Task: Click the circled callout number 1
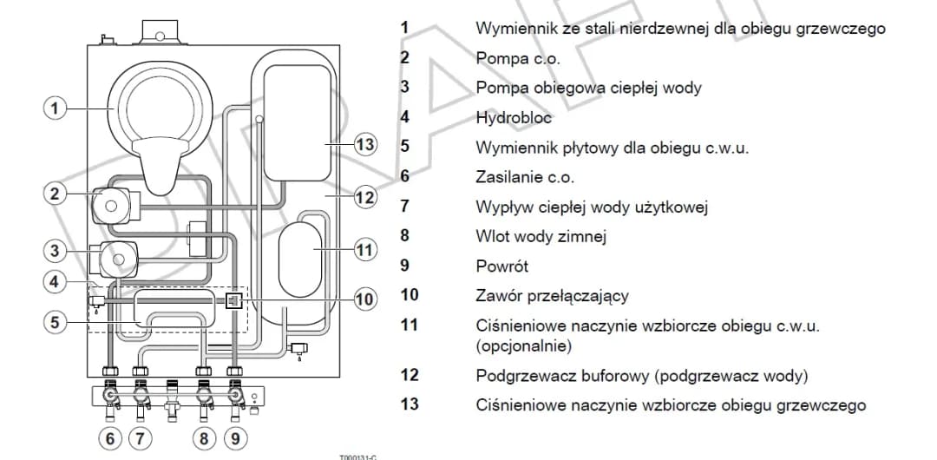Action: (x=55, y=108)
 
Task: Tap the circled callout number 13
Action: (x=365, y=144)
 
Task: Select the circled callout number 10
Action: (x=365, y=299)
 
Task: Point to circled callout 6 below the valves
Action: (x=109, y=438)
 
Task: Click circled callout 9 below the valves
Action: (x=234, y=438)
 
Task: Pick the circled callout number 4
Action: (x=55, y=281)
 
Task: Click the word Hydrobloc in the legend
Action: (x=513, y=117)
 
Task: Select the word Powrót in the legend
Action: (x=501, y=266)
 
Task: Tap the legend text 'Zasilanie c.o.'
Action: (x=524, y=177)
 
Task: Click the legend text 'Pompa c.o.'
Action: (x=518, y=58)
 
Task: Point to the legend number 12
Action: (x=409, y=375)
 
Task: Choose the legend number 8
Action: (x=404, y=235)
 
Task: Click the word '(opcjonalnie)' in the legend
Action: (x=522, y=345)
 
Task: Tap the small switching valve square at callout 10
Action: (x=233, y=300)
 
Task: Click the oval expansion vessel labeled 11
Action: (x=301, y=250)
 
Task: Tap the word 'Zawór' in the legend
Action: (x=498, y=296)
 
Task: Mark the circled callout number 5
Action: (x=55, y=322)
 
